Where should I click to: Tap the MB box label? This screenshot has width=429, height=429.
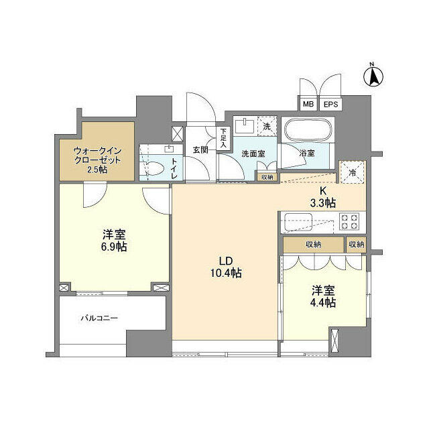coord(308,105)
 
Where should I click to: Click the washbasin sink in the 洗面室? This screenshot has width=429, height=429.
coord(244,126)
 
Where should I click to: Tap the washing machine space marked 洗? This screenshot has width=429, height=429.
coord(266,126)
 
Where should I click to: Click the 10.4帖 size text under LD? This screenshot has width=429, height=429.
coord(225,273)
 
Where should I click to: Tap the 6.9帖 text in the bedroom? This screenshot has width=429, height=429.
coord(114,247)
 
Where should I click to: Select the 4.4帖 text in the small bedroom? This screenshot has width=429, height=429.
coord(322,302)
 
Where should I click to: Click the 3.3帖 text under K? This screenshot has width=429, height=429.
coord(323,202)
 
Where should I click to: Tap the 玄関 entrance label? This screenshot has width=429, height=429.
coord(200,149)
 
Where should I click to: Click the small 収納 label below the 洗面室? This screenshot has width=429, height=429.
coord(267,177)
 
